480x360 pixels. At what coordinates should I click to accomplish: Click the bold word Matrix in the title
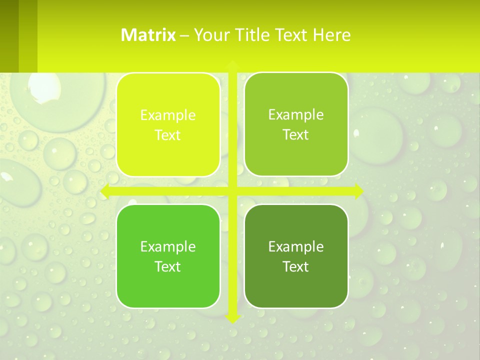148,35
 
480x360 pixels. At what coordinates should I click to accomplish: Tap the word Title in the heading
253,35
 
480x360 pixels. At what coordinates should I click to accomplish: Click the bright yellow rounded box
168,125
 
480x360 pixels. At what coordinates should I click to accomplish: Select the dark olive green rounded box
296,256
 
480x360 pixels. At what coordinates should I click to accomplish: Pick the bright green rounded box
168,256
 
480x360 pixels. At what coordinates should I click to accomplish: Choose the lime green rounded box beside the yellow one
296,125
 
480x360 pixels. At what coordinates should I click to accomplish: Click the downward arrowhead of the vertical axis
232,318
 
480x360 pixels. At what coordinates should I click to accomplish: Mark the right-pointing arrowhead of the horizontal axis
358,191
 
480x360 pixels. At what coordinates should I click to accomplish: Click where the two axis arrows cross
232,191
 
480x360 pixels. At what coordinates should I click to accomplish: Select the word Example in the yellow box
168,115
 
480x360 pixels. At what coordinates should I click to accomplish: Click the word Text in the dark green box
296,266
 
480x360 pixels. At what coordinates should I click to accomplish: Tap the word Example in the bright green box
168,246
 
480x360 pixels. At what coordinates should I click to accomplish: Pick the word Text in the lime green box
296,135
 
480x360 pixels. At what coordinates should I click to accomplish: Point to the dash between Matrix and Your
184,35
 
